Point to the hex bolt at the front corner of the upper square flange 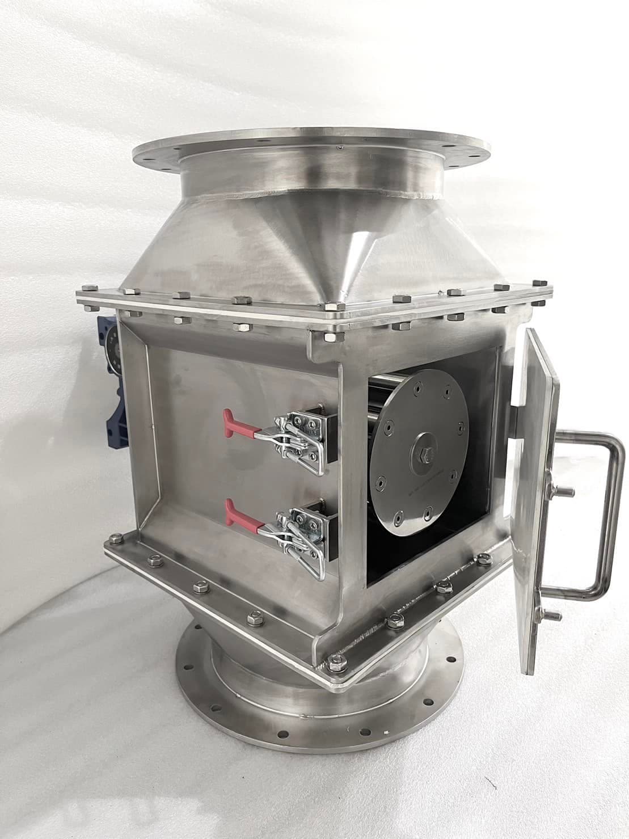(330, 307)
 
